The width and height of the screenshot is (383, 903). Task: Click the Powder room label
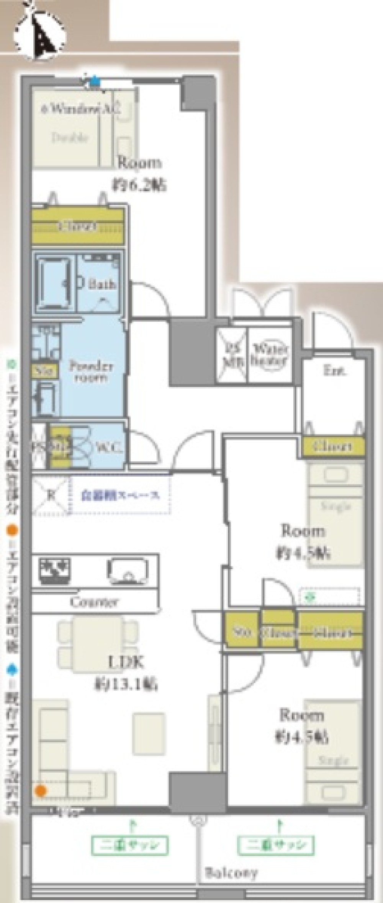tap(91, 371)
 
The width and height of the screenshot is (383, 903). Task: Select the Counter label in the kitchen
tap(94, 602)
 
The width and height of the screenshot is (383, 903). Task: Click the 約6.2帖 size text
tap(139, 186)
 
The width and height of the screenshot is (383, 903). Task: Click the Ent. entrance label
tap(335, 370)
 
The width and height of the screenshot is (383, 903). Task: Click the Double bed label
tap(70, 137)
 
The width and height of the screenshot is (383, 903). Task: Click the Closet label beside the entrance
tap(332, 446)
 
